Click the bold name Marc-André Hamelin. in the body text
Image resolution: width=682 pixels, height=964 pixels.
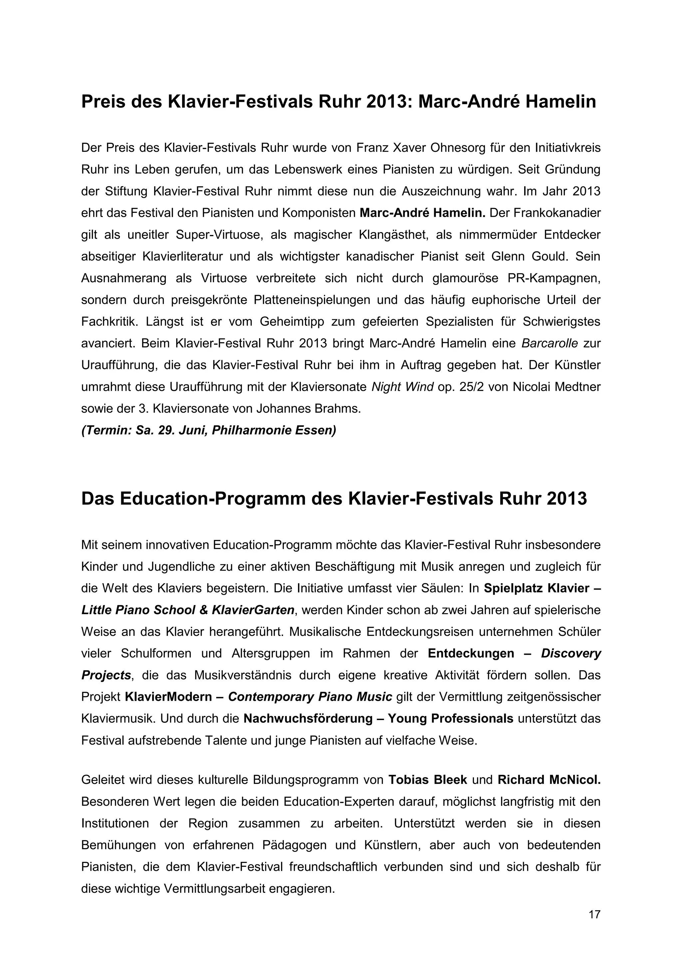coord(422,213)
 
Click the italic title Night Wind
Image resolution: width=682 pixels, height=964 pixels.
coord(402,387)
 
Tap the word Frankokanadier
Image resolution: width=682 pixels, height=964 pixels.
coord(545,213)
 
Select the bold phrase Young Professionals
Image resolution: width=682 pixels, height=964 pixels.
coord(450,719)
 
